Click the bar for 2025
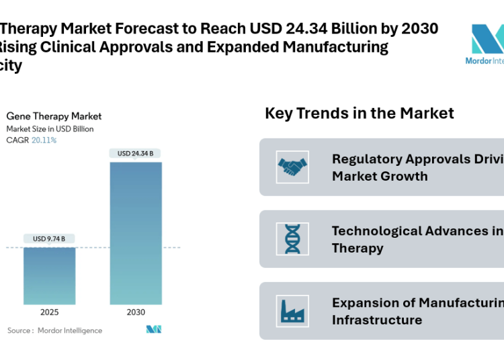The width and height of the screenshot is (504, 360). click(x=50, y=276)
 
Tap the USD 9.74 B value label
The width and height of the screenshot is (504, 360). click(x=50, y=238)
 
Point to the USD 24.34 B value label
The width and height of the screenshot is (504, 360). click(x=135, y=153)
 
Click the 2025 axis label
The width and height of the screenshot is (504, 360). click(x=50, y=312)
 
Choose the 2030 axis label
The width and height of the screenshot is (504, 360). click(x=135, y=312)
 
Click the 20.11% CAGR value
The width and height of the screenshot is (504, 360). click(x=44, y=140)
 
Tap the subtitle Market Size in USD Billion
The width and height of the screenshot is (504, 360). click(x=50, y=129)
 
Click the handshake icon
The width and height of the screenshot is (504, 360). click(x=292, y=167)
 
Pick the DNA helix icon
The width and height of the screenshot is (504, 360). click(x=292, y=239)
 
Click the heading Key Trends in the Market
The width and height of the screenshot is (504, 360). click(x=360, y=113)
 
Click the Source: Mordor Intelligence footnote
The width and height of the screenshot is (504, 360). click(x=54, y=330)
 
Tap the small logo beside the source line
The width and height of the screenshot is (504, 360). click(x=154, y=330)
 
